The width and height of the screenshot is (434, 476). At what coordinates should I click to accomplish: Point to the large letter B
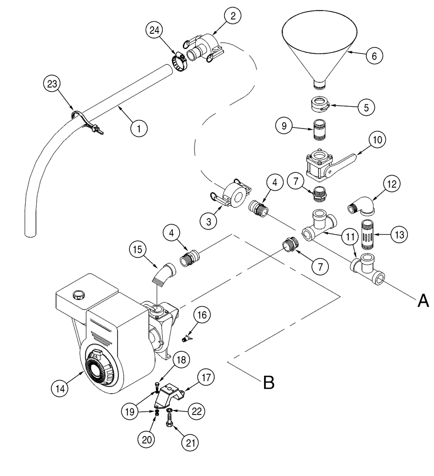tap(269, 382)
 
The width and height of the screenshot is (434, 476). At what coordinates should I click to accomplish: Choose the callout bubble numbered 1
tap(139, 128)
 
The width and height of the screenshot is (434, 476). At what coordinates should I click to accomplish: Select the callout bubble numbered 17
tap(206, 379)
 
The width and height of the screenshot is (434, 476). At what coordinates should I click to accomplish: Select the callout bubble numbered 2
tap(232, 17)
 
